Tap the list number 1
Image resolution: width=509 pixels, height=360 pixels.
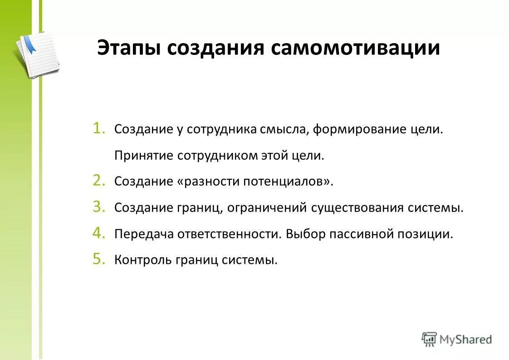pyautogui.click(x=99, y=129)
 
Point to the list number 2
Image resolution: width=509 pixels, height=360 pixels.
pyautogui.click(x=99, y=181)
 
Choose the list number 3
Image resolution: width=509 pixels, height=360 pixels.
pyautogui.click(x=99, y=207)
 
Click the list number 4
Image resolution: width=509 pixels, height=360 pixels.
pyautogui.click(x=99, y=233)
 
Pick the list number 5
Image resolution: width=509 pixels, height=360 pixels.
pyautogui.click(x=99, y=259)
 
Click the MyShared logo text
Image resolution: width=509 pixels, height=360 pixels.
pyautogui.click(x=465, y=339)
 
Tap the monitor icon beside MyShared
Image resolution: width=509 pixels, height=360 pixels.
pyautogui.click(x=429, y=339)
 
